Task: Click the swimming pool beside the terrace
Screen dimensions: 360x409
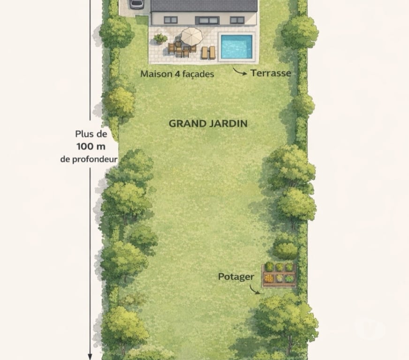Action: [236, 46]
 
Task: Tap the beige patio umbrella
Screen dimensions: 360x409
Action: [191, 35]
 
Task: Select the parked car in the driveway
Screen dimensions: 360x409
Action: [137, 4]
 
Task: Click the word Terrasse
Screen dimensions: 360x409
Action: [271, 73]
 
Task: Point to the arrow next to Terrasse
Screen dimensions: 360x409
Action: [241, 72]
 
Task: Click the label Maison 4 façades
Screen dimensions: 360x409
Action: [177, 74]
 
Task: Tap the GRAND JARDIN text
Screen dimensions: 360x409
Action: [208, 124]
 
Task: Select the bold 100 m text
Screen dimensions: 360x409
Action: [89, 146]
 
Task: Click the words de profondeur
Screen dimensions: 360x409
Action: [89, 159]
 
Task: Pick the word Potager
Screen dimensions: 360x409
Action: [236, 277]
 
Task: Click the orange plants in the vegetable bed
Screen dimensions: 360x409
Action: [269, 278]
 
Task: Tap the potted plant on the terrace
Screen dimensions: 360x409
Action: [160, 38]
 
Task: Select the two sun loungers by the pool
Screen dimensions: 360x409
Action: [208, 52]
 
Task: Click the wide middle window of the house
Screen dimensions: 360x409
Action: [207, 20]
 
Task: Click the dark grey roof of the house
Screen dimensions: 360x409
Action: [204, 6]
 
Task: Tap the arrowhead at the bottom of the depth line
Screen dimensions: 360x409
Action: [90, 356]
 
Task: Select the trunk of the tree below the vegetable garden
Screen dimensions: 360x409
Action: [289, 347]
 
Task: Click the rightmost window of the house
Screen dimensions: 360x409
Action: [237, 20]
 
